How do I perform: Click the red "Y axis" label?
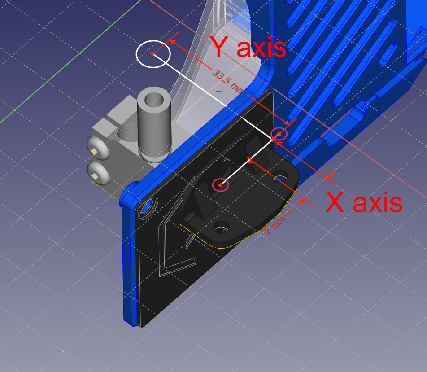pyautogui.click(x=248, y=47)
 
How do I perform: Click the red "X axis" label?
pyautogui.click(x=364, y=203)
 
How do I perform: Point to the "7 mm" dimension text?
pyautogui.click(x=274, y=226)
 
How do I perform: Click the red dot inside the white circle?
pyautogui.click(x=153, y=54)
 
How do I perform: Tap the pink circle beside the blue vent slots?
pyautogui.click(x=279, y=134)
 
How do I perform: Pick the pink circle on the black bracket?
pyautogui.click(x=220, y=184)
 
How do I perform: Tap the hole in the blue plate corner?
pyautogui.click(x=147, y=207)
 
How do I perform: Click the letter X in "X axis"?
pyautogui.click(x=335, y=203)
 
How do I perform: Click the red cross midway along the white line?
pyautogui.click(x=250, y=159)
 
